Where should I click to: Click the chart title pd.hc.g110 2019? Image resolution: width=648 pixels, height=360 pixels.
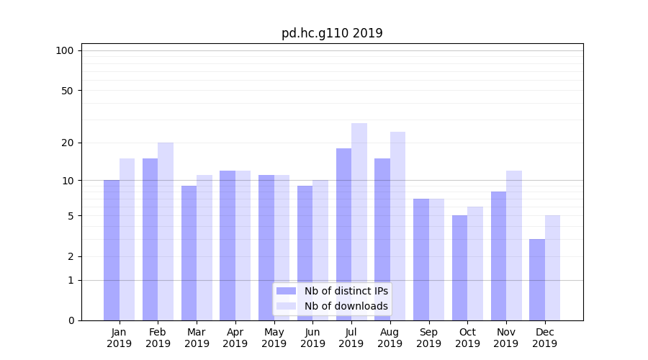(x=332, y=33)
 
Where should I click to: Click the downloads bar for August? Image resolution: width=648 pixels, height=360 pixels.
(x=397, y=226)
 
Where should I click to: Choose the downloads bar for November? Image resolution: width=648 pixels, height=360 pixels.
(x=514, y=246)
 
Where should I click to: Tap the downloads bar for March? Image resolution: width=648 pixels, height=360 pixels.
(x=204, y=248)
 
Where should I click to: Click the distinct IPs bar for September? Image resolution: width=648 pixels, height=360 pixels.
(x=421, y=259)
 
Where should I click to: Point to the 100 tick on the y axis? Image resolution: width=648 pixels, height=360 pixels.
(x=65, y=50)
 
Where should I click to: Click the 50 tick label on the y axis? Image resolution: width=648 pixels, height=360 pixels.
(x=67, y=91)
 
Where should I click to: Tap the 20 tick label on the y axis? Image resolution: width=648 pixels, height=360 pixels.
(x=67, y=143)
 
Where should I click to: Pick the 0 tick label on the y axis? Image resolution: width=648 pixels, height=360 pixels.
(x=71, y=320)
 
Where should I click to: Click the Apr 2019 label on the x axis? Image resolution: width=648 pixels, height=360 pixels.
(x=235, y=338)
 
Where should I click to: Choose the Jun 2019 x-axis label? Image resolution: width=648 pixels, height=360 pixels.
(x=312, y=338)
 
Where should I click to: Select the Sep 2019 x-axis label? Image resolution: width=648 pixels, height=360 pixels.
(x=428, y=338)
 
